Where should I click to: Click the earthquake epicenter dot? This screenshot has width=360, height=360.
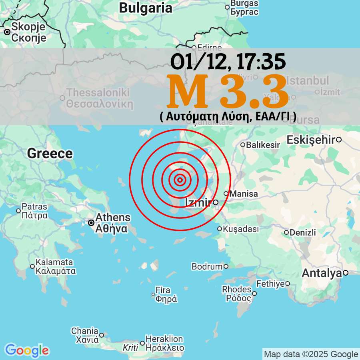[x=180, y=180]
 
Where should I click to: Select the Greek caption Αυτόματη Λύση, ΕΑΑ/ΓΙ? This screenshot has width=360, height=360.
[x=228, y=116]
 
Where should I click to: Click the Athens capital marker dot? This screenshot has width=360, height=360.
[x=91, y=222]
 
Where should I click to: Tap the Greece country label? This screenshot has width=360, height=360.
[x=50, y=154]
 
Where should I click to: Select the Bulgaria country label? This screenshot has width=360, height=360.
[x=146, y=8]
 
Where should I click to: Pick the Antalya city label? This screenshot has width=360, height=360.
[x=322, y=273]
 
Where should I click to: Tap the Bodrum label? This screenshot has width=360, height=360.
[x=207, y=266]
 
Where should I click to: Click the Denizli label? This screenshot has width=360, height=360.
[x=303, y=232]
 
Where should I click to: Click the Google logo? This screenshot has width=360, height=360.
[x=27, y=351]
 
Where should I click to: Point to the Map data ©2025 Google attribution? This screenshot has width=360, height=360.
[x=311, y=354]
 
